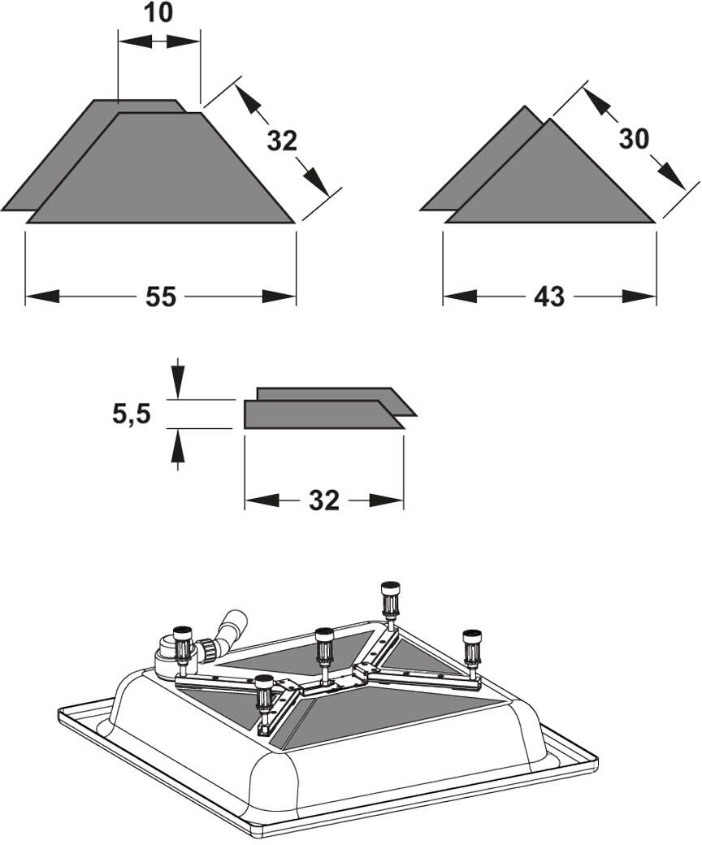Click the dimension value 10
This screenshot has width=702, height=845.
pyautogui.click(x=159, y=13)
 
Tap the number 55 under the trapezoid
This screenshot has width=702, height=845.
pyautogui.click(x=161, y=297)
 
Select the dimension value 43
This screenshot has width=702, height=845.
pyautogui.click(x=549, y=297)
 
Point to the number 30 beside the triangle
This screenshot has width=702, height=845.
pyautogui.click(x=634, y=139)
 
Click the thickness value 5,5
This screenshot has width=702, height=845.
pyautogui.click(x=132, y=414)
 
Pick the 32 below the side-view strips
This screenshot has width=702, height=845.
pyautogui.click(x=324, y=500)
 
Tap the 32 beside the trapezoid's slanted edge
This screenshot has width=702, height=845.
pyautogui.click(x=282, y=141)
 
